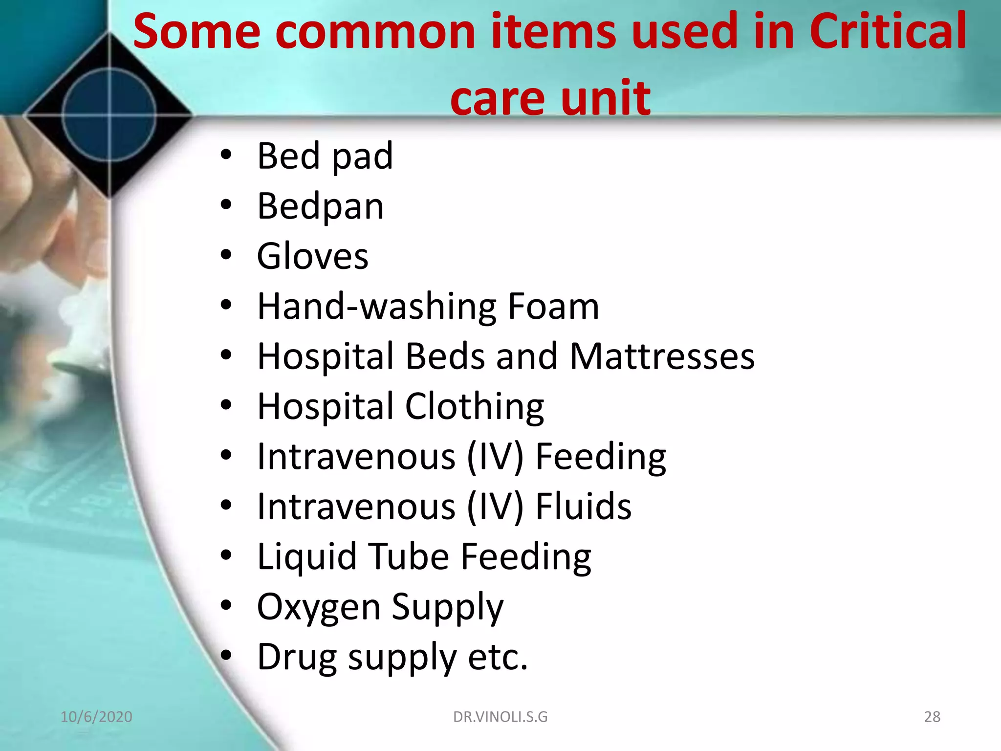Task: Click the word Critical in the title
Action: (x=888, y=31)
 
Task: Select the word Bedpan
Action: (x=320, y=206)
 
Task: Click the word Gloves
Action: (x=312, y=256)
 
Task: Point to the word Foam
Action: (x=553, y=307)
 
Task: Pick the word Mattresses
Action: (x=662, y=356)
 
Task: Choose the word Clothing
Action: (x=474, y=406)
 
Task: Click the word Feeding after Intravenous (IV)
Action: (x=601, y=457)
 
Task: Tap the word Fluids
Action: (x=583, y=507)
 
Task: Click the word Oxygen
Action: (x=318, y=607)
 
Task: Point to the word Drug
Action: (x=297, y=657)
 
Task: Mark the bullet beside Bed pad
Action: (x=225, y=155)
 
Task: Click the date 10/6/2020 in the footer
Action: (x=96, y=717)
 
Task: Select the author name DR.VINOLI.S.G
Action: (x=500, y=717)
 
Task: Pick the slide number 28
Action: (x=932, y=717)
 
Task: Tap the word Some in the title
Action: (x=196, y=31)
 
